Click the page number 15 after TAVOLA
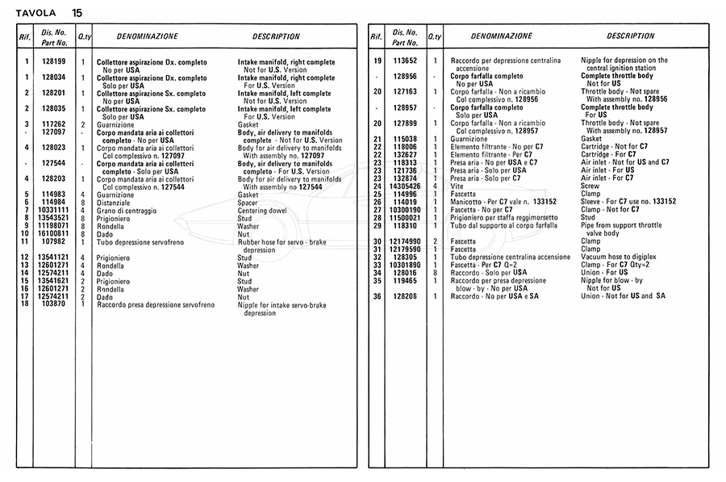coord(76,13)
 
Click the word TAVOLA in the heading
coord(37,13)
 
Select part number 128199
coord(54,62)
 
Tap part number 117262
coord(54,124)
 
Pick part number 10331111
coord(54,210)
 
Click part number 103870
coord(54,304)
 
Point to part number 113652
coord(405,61)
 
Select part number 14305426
coord(405,186)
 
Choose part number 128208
coord(405,296)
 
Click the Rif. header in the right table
coord(376,37)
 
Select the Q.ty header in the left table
coord(85,37)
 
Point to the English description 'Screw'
coord(590,186)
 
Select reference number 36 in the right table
coord(377,296)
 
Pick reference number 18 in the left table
coord(26,304)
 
